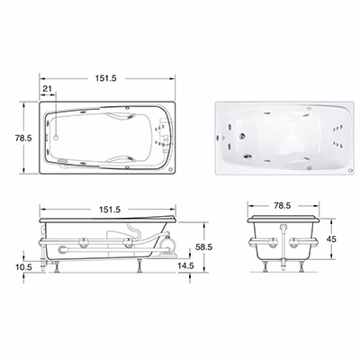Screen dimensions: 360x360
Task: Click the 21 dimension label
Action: (x=48, y=88)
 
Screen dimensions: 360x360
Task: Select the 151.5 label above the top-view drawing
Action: (x=105, y=78)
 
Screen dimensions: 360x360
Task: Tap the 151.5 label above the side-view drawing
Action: (x=110, y=210)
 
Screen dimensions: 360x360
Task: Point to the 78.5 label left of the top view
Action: (x=23, y=138)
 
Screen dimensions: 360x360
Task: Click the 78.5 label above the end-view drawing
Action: (x=283, y=205)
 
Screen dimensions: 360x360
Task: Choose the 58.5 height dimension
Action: (x=203, y=247)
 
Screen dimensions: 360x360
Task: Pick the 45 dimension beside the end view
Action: (x=331, y=239)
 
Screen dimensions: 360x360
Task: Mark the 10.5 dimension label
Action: (x=23, y=266)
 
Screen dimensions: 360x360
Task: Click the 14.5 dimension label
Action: (x=186, y=265)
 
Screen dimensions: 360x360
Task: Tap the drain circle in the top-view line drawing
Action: (x=56, y=138)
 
